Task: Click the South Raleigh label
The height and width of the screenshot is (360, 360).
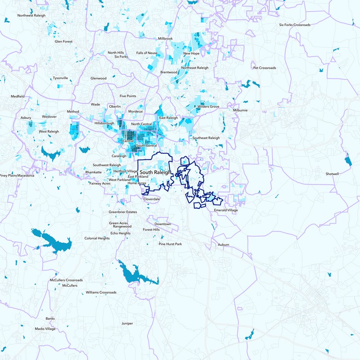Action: pyautogui.click(x=155, y=172)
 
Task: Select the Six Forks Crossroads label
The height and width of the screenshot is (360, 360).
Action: pyautogui.click(x=295, y=25)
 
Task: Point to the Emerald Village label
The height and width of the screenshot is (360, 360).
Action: pyautogui.click(x=226, y=210)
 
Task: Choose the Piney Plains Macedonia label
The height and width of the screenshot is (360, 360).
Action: pyautogui.click(x=17, y=175)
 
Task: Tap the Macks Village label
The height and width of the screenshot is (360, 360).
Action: pyautogui.click(x=45, y=329)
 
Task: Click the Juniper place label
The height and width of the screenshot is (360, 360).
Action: pyautogui.click(x=127, y=324)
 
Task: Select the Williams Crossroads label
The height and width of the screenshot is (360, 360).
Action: pyautogui.click(x=101, y=292)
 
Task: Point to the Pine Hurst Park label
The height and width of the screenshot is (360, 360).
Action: pyautogui.click(x=170, y=244)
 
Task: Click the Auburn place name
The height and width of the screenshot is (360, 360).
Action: pyautogui.click(x=223, y=245)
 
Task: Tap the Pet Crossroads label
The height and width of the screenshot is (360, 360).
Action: pyautogui.click(x=265, y=68)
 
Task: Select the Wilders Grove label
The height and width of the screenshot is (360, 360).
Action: pyautogui.click(x=208, y=107)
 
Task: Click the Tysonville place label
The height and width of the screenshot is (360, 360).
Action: pyautogui.click(x=60, y=78)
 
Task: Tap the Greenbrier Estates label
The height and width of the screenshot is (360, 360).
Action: pyautogui.click(x=122, y=212)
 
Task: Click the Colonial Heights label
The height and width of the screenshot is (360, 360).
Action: pyautogui.click(x=97, y=238)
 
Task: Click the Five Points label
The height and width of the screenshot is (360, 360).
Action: pyautogui.click(x=128, y=96)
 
